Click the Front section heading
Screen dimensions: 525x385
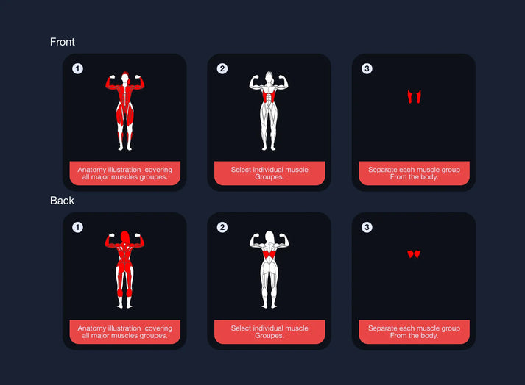(x=63, y=42)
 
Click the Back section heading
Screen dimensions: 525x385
(x=62, y=201)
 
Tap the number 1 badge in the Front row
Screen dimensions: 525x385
(x=77, y=69)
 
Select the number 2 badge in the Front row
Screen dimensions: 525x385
(x=222, y=69)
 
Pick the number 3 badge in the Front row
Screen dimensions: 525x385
(x=367, y=69)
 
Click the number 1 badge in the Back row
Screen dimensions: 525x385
(x=77, y=228)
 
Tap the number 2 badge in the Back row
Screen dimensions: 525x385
(x=222, y=228)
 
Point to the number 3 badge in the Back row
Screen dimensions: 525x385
(x=367, y=228)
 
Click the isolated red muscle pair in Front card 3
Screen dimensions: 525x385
(x=414, y=96)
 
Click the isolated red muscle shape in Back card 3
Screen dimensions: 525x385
(x=414, y=254)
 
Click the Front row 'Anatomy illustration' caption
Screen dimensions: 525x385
(x=125, y=173)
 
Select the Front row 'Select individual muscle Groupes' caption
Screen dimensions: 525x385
(x=269, y=173)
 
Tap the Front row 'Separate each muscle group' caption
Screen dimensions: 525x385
(x=414, y=173)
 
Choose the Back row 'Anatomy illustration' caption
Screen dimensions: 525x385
(x=125, y=332)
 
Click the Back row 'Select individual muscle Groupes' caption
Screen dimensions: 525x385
(x=269, y=332)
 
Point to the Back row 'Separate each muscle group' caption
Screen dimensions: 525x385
(x=414, y=332)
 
